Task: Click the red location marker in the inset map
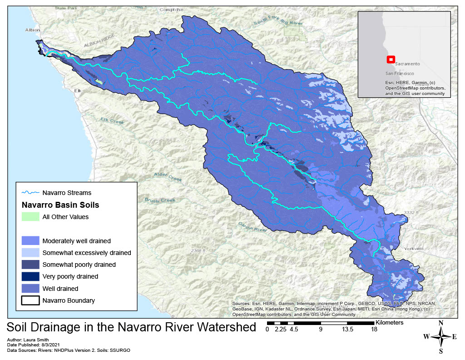coord(390,60)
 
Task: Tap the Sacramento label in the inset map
coord(406,64)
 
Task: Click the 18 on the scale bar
coord(374,330)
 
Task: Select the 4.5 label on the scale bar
coord(293,330)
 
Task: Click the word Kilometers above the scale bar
coord(390,322)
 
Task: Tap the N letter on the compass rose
coord(440,323)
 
